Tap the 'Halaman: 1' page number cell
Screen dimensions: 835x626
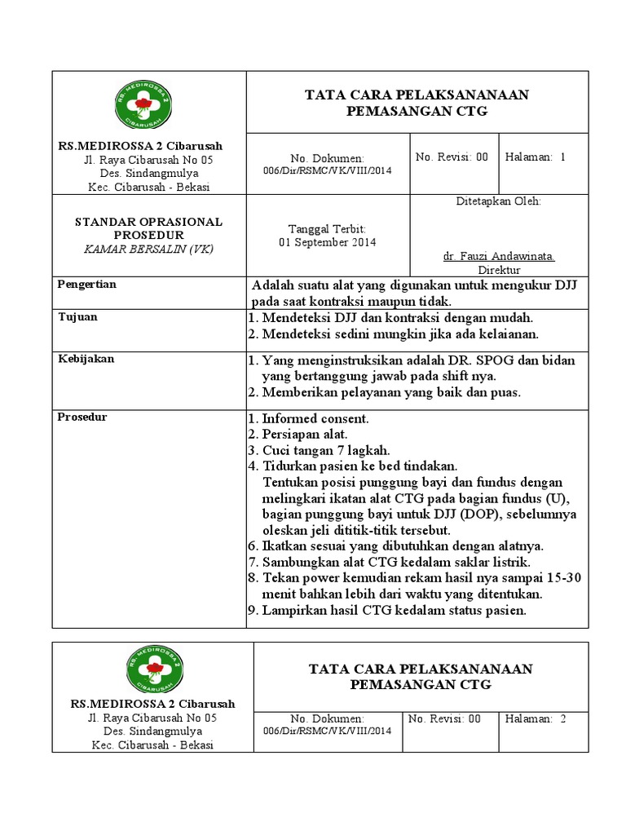point(535,157)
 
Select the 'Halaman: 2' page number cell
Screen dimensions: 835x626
point(535,718)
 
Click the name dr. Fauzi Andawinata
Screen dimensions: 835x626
point(499,256)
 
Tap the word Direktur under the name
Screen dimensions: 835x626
point(499,269)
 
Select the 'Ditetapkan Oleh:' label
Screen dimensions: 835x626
point(498,201)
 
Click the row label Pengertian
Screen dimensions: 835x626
point(87,285)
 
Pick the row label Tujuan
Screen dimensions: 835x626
point(77,316)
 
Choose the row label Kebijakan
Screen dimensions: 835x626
point(85,359)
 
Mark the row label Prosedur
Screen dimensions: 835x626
point(82,417)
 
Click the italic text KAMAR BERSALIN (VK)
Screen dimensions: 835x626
point(148,249)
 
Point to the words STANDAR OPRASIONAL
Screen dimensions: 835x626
point(148,222)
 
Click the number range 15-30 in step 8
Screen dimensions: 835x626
point(564,578)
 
